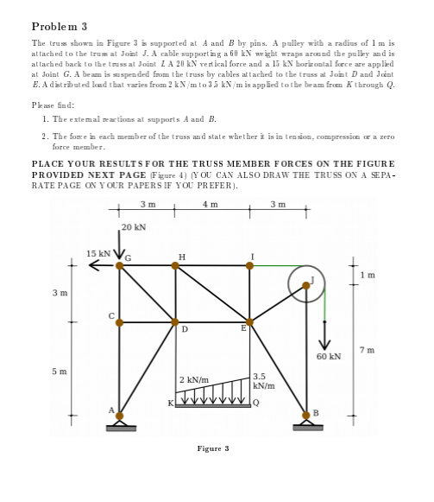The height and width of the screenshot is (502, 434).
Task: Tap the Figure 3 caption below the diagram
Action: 213,448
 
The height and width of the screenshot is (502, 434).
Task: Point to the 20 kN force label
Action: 134,227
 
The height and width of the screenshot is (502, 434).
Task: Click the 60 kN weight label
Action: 329,355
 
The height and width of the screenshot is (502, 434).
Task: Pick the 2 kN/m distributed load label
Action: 192,379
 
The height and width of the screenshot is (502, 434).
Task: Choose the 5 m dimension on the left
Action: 56,372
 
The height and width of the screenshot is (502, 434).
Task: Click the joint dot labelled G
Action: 120,265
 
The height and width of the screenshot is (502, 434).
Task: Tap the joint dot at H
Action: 176,265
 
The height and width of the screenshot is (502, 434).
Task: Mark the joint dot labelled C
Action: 120,322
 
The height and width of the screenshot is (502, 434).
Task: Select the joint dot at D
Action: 176,322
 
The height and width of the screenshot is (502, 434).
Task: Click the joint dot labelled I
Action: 250,265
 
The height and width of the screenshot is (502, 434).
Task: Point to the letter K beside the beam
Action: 170,403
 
